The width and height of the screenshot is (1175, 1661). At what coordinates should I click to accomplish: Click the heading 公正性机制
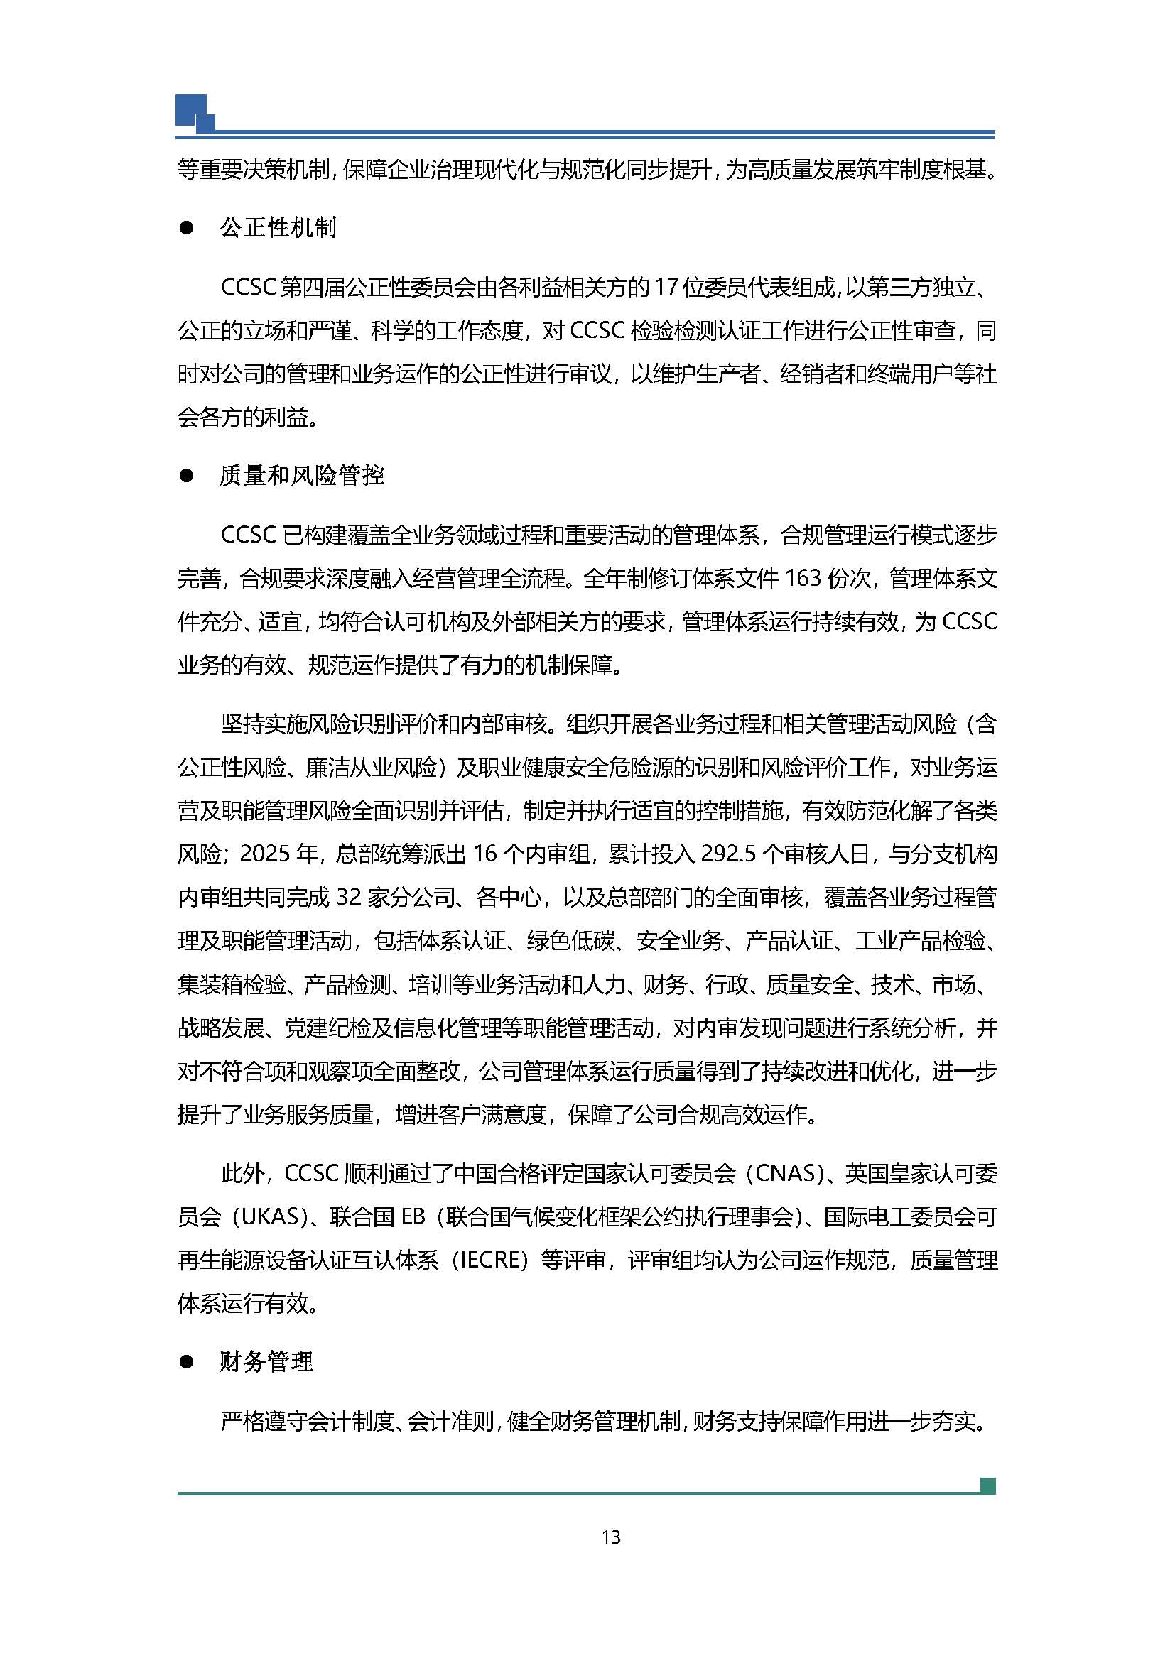pyautogui.click(x=278, y=228)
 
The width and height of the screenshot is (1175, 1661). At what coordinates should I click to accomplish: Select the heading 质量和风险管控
pyautogui.click(x=302, y=475)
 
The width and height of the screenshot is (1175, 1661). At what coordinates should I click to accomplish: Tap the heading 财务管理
pyautogui.click(x=266, y=1362)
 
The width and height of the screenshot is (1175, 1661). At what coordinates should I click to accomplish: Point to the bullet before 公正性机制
pyautogui.click(x=187, y=229)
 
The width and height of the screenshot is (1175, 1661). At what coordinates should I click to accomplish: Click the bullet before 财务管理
pyautogui.click(x=187, y=1363)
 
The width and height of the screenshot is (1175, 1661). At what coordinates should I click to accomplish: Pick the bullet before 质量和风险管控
pyautogui.click(x=187, y=476)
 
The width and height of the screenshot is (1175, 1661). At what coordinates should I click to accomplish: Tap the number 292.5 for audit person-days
pyautogui.click(x=729, y=854)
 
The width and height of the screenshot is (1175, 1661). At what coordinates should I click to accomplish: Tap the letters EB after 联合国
pyautogui.click(x=413, y=1217)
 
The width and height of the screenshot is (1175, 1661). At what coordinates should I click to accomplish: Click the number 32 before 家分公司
pyautogui.click(x=349, y=898)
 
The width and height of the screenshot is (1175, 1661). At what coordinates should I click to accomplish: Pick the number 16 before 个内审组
pyautogui.click(x=484, y=854)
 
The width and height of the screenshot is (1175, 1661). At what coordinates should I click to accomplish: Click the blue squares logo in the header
pyautogui.click(x=195, y=114)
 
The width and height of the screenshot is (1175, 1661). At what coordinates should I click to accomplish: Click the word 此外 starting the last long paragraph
pyautogui.click(x=243, y=1173)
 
